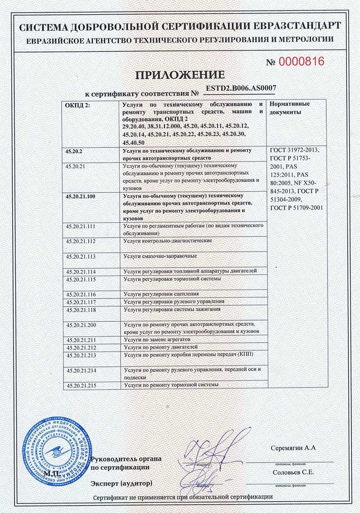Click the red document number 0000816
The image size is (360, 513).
301,62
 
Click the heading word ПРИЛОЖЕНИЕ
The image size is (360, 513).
180,75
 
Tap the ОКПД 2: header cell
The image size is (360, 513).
77,104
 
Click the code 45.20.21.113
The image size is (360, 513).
81,256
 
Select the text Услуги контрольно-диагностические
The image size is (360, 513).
167,241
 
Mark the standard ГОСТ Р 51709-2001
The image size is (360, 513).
296,208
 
